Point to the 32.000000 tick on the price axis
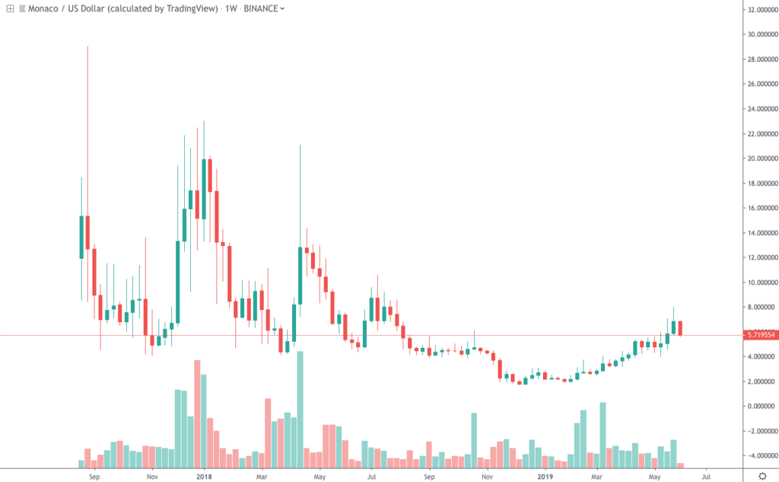coord(762,10)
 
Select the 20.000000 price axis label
coord(762,158)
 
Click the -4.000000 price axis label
coord(762,455)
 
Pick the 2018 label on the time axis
coord(203,476)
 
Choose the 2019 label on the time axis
coord(545,476)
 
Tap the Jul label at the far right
coord(706,476)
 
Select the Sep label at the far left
coord(94,476)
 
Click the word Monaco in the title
coord(39,8)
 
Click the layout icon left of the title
coord(10,8)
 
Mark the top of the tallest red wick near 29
coord(87,47)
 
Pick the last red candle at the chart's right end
coord(680,328)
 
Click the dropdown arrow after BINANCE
coord(283,8)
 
